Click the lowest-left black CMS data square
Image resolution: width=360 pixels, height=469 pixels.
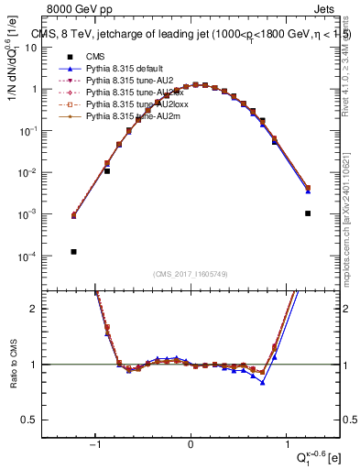click(x=74, y=251)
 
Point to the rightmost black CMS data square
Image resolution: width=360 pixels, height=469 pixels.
click(x=308, y=213)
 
